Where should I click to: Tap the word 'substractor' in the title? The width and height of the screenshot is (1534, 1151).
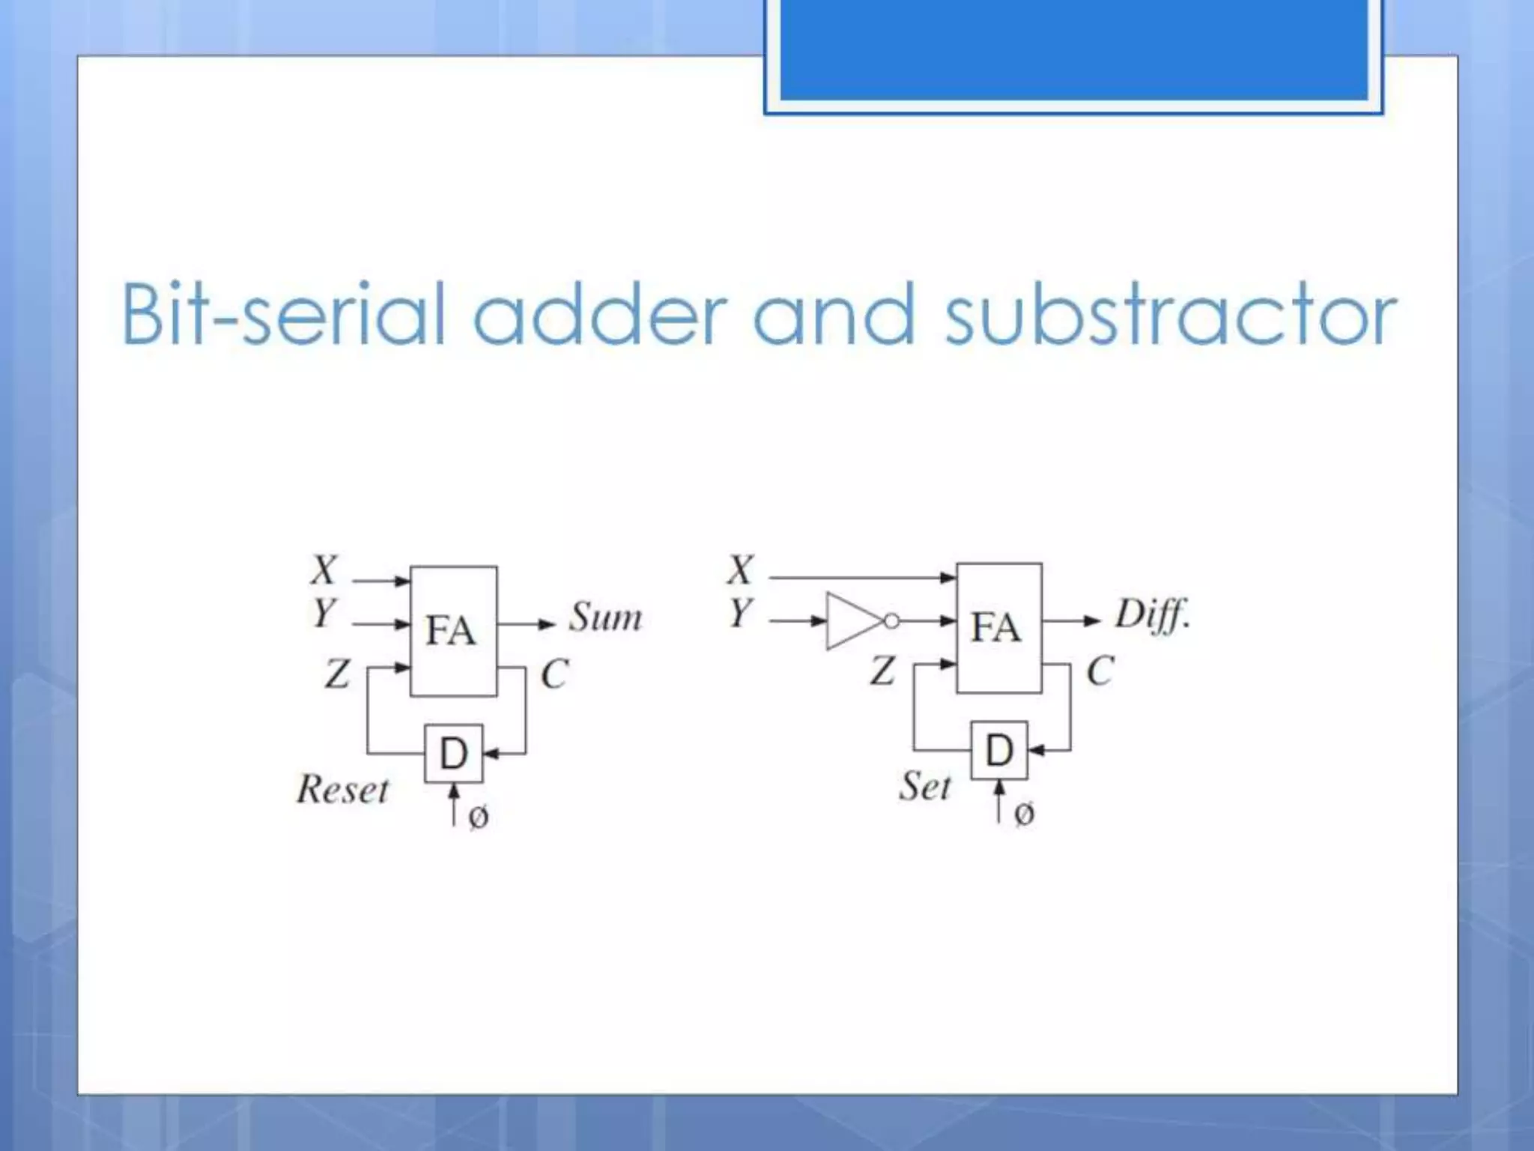tap(1170, 315)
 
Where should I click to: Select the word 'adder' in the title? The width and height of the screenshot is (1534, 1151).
tap(600, 315)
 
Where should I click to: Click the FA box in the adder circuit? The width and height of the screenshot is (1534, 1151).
tap(453, 630)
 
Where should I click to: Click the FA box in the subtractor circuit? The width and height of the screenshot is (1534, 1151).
tap(998, 627)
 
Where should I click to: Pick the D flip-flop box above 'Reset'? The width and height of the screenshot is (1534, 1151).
tap(453, 753)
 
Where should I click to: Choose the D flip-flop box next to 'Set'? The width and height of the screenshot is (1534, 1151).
tap(998, 750)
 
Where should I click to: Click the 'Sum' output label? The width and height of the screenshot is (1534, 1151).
tap(605, 617)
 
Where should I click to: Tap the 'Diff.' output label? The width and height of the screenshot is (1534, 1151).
tap(1152, 616)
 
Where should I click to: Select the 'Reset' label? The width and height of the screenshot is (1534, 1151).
tap(343, 789)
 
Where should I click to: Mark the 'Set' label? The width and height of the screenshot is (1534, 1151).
tap(925, 786)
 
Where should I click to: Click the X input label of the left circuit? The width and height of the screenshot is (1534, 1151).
tap(324, 570)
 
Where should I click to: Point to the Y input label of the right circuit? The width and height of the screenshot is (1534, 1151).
tap(740, 613)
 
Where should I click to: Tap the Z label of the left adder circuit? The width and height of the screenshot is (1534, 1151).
tap(337, 672)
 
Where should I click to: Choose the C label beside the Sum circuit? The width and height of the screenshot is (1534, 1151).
tap(554, 674)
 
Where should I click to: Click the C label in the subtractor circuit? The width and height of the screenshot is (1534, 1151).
tap(1100, 671)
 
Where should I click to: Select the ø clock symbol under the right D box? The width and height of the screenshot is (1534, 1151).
tap(1024, 813)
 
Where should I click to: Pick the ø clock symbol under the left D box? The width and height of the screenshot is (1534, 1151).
tap(478, 816)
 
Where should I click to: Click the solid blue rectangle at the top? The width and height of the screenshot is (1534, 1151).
tap(1073, 49)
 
